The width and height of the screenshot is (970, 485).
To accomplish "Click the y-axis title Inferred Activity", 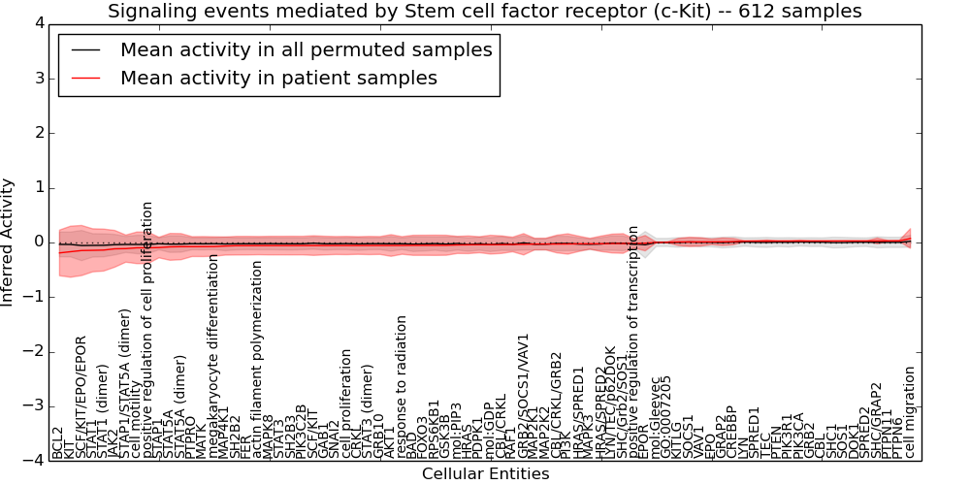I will pyautogui.click(x=9, y=242).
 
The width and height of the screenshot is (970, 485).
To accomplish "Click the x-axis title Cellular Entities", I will pyautogui.click(x=485, y=474).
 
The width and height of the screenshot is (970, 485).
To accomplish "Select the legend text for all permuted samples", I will pyautogui.click(x=306, y=50).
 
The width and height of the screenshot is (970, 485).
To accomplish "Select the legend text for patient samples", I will pyautogui.click(x=278, y=78).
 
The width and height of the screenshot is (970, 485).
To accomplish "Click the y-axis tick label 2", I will pyautogui.click(x=38, y=133).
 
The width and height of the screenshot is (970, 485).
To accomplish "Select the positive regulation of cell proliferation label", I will pyautogui.click(x=148, y=330).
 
